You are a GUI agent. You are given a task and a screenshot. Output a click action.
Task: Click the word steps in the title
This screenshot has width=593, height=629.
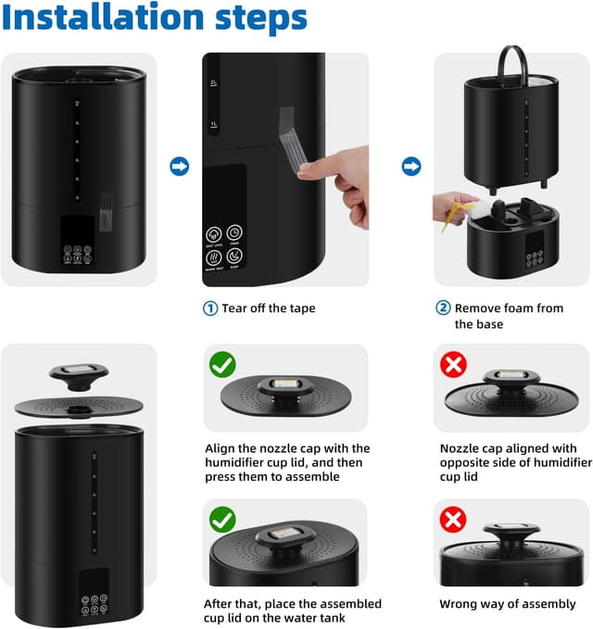pyautogui.click(x=253, y=19)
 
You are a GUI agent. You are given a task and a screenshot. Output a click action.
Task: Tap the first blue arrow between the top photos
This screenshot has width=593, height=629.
pyautogui.click(x=180, y=167)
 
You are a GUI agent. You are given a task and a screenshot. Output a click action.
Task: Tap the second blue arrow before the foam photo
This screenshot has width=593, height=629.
pyautogui.click(x=411, y=167)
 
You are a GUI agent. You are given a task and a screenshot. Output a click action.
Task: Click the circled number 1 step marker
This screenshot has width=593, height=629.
pyautogui.click(x=210, y=308)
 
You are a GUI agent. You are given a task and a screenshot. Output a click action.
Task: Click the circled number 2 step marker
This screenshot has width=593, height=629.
pyautogui.click(x=444, y=308)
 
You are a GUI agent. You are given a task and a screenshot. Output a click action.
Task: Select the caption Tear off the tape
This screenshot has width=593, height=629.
pyautogui.click(x=269, y=308)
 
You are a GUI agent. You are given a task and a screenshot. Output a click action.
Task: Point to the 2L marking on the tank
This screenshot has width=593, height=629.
pyautogui.click(x=212, y=84)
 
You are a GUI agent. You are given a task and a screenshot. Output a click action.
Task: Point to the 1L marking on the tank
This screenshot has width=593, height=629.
pyautogui.click(x=212, y=123)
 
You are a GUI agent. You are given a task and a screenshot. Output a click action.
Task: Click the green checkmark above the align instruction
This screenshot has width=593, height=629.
pyautogui.click(x=222, y=365)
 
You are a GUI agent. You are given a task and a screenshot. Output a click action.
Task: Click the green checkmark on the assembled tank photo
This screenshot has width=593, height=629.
pyautogui.click(x=222, y=520)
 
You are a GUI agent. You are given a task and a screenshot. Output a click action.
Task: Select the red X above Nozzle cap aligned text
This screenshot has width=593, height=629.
pyautogui.click(x=453, y=365)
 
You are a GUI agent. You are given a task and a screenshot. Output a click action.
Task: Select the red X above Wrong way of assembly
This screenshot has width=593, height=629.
pyautogui.click(x=453, y=520)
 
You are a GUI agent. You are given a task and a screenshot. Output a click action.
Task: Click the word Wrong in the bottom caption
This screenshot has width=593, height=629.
pyautogui.click(x=461, y=603)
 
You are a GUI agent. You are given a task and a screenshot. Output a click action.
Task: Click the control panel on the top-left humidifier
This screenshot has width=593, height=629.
pyautogui.click(x=78, y=241)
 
